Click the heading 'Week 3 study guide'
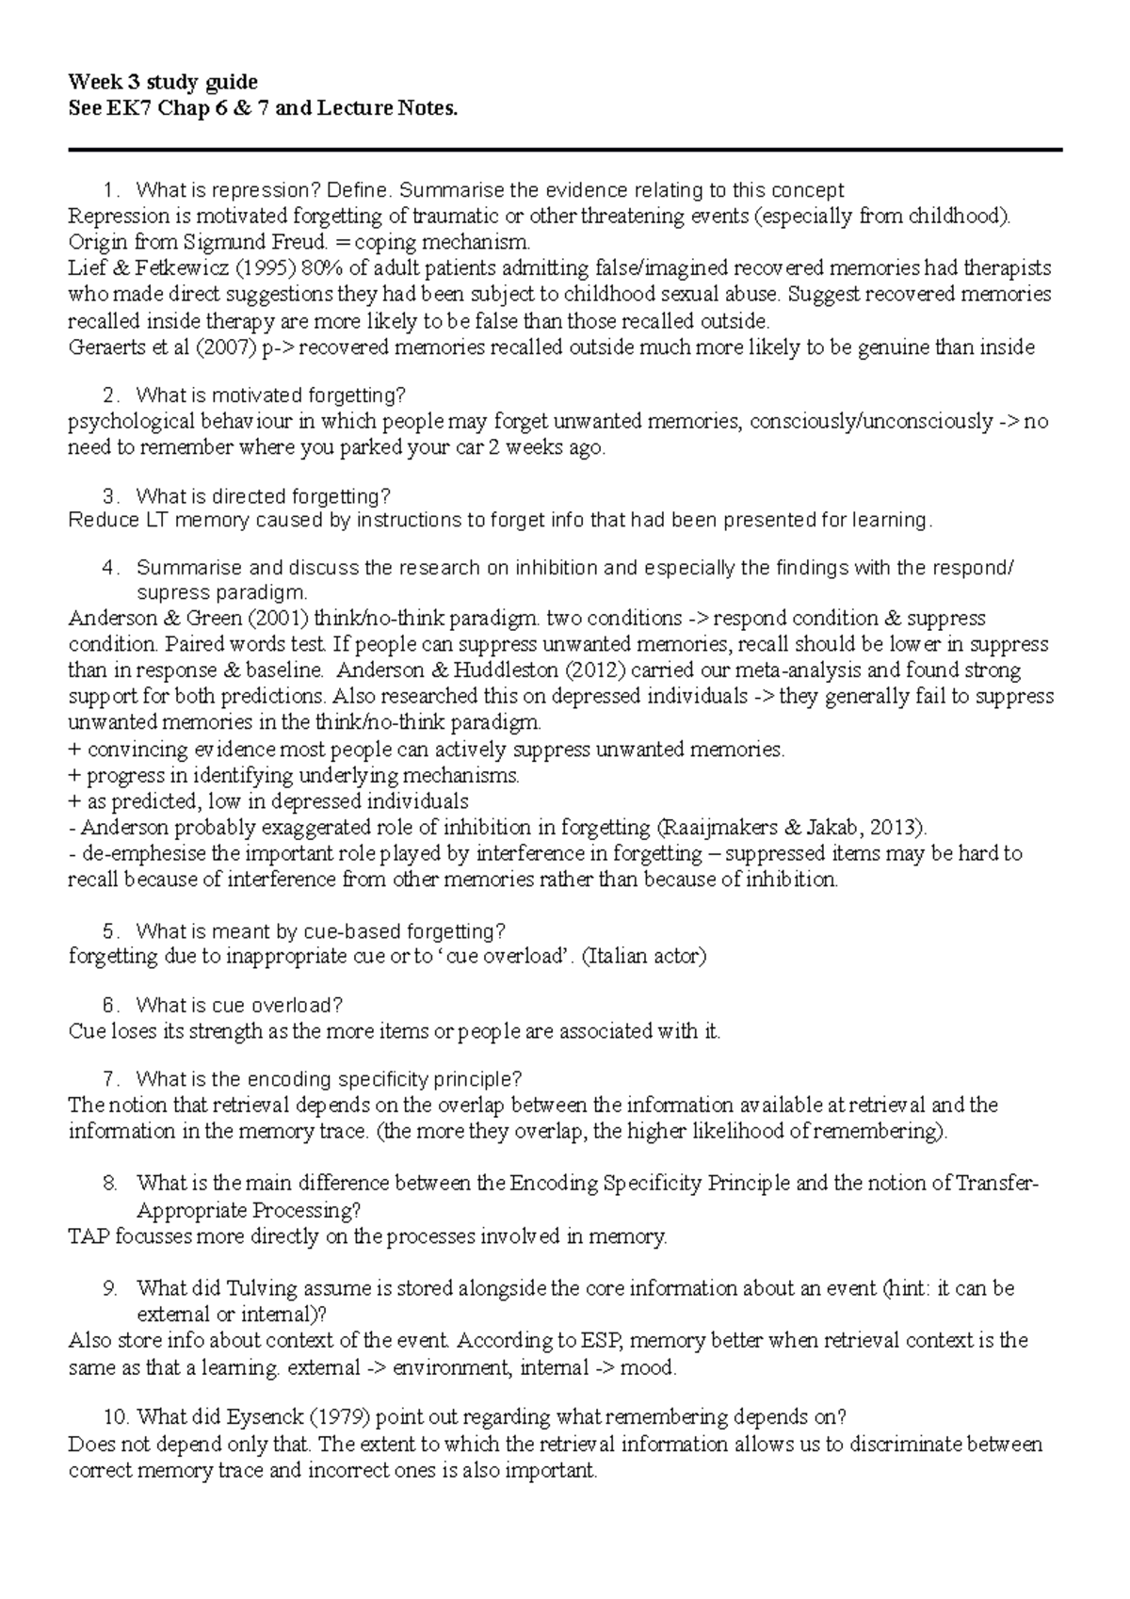pos(163,82)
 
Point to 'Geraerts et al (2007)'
pos(161,347)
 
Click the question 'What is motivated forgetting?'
pos(271,395)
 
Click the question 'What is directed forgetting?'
pos(263,495)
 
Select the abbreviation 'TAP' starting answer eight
pos(89,1236)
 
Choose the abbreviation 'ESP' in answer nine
pos(599,1340)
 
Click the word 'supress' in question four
pos(170,593)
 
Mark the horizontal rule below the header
pos(565,149)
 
